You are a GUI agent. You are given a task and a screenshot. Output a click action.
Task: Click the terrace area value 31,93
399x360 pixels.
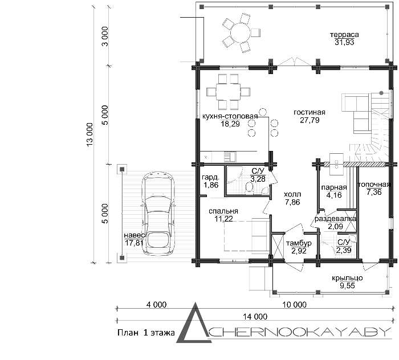pos(344,42)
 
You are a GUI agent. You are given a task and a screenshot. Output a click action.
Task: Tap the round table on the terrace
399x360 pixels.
pos(241,33)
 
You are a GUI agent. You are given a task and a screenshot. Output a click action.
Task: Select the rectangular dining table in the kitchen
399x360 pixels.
pos(228,91)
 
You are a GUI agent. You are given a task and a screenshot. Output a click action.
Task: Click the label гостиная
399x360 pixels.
pos(310,112)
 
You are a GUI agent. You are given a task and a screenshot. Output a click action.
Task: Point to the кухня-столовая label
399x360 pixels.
pos(230,116)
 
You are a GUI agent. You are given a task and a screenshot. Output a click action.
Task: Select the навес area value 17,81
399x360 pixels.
pos(134,243)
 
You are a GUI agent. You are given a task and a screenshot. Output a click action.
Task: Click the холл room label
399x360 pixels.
pos(292,194)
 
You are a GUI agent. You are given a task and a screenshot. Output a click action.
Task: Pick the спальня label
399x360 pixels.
pos(223,211)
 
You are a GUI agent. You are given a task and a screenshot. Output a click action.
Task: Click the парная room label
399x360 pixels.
pos(334,187)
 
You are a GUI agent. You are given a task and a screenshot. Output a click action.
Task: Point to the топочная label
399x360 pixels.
pos(374,185)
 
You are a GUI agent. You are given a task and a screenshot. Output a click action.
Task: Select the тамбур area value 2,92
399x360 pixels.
pos(299,251)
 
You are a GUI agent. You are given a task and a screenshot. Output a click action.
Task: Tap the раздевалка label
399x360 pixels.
pos(335,219)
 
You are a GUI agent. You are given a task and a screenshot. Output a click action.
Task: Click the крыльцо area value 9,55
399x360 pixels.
pos(347,286)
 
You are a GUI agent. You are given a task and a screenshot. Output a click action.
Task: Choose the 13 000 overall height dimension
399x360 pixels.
pos(90,134)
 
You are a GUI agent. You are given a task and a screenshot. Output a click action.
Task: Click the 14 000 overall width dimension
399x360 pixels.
pos(255,317)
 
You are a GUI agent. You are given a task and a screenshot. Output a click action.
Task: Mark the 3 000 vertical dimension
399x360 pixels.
pos(105,36)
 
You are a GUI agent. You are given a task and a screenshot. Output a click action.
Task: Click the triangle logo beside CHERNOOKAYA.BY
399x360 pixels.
pos(194,322)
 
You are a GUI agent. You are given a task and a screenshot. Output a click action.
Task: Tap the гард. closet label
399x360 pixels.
pos(210,177)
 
